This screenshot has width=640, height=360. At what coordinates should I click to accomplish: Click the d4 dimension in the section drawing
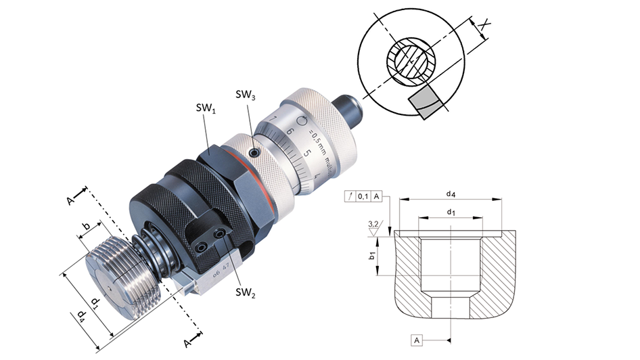click(449, 195)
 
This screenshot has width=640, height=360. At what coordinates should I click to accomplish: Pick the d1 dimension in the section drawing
click(450, 213)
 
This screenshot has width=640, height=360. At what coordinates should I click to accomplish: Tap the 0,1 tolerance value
click(363, 196)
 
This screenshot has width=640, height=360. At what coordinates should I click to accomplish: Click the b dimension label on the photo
click(85, 225)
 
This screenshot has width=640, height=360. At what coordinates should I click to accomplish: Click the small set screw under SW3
click(252, 154)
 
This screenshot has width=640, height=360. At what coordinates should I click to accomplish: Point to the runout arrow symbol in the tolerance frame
click(350, 196)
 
